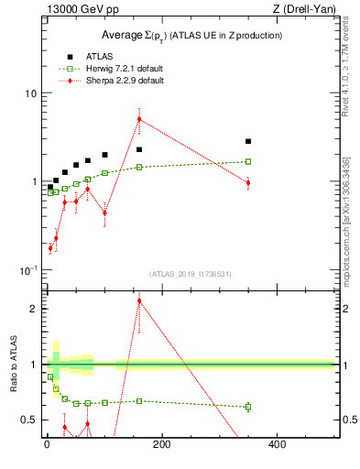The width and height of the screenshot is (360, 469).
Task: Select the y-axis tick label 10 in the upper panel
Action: (x=30, y=93)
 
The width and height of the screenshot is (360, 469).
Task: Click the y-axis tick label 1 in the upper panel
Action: (x=34, y=181)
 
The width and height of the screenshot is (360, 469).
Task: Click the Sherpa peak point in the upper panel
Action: (x=139, y=119)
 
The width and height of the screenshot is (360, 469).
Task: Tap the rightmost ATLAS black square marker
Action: (x=248, y=141)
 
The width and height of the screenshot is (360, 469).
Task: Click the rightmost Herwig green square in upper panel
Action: (x=248, y=161)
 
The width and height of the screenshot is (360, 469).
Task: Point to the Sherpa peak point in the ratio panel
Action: (x=139, y=300)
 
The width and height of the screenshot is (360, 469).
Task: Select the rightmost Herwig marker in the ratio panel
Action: (x=248, y=407)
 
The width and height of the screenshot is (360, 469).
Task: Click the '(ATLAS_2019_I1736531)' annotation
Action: (x=191, y=273)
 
